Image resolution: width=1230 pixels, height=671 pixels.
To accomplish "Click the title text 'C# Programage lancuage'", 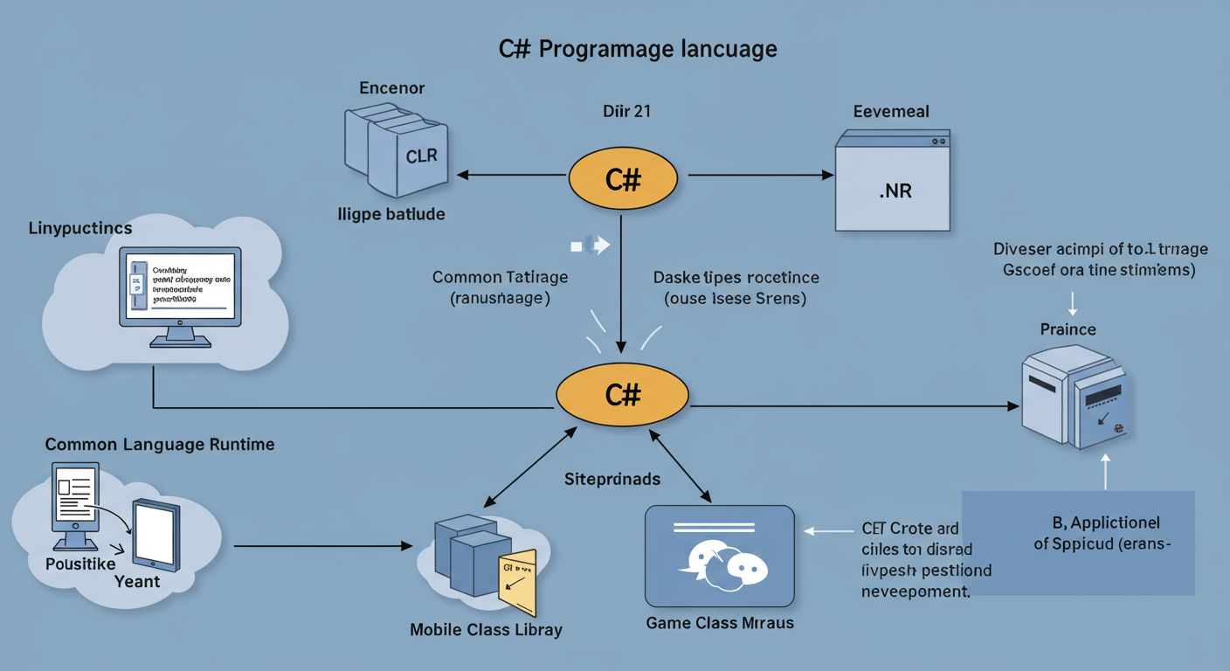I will pos(638,48).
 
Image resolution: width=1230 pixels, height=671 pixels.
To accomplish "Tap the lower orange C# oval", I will pos(623,395).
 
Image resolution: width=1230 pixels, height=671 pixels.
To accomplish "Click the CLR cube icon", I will pos(397,152).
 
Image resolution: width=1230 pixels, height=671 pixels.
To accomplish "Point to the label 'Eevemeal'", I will pos(890,112).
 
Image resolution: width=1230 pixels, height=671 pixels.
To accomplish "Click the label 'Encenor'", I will pos(391,88).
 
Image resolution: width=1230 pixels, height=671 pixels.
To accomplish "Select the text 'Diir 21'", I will pos(626,112).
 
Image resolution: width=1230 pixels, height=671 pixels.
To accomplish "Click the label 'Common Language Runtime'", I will pos(160,445).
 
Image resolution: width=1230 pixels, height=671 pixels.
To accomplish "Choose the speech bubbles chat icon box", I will pos(719,556).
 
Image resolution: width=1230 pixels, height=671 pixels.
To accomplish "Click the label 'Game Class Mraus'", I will pos(719,623).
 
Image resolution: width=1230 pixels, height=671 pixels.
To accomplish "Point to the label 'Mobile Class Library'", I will pos(487,629).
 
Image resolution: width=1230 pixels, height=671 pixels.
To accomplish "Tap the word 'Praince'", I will pos(1068,329).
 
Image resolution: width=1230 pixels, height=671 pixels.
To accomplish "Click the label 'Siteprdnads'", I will pos(612,480).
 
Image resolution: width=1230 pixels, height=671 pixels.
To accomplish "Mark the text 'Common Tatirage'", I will pos(500,278).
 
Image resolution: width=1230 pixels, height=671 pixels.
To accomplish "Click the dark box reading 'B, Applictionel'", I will pos(1078,542).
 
